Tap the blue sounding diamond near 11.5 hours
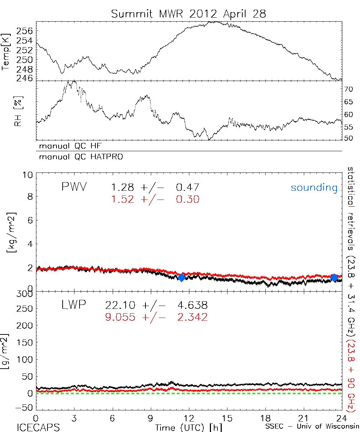[181, 278]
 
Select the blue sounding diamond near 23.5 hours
[334, 278]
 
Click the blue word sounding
[314, 188]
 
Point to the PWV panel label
[74, 187]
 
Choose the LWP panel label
[74, 306]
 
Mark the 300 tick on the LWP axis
[25, 294]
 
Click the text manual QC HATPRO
[78, 157]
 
